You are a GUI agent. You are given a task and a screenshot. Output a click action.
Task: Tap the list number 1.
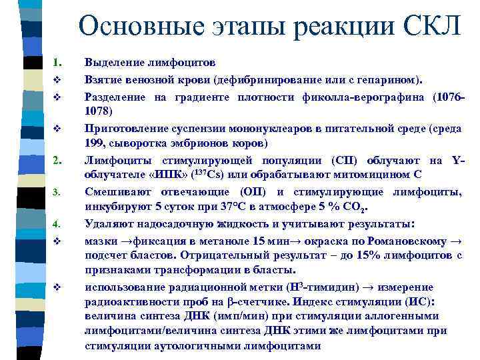[57, 63]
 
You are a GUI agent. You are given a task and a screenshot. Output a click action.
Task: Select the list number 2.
[57, 161]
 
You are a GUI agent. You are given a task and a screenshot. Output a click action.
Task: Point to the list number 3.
[57, 193]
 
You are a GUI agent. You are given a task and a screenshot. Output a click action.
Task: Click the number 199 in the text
[95, 144]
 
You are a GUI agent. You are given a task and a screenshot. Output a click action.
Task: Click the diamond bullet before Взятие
[57, 80]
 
